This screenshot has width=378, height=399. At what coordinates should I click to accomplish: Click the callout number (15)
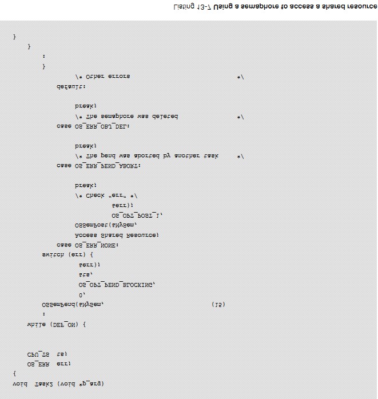(x=218, y=305)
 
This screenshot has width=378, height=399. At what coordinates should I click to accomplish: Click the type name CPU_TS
(x=38, y=354)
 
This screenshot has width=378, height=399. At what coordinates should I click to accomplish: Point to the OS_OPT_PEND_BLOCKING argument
(x=117, y=284)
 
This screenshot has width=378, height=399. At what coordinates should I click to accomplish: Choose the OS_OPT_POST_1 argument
(x=137, y=215)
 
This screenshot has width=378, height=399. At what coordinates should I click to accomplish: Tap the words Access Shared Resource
(x=117, y=235)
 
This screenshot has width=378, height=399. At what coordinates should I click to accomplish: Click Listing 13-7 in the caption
(x=193, y=7)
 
